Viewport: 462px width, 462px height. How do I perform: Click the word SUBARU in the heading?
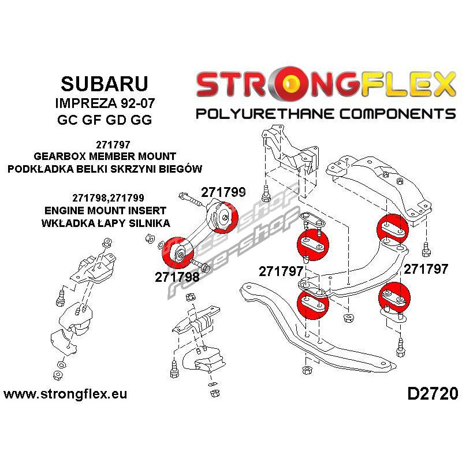(105, 84)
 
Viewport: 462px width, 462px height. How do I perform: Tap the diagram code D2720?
(433, 394)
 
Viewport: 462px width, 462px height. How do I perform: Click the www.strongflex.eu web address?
(65, 394)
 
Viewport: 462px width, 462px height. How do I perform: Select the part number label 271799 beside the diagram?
(223, 192)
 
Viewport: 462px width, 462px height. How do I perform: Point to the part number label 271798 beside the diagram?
(177, 277)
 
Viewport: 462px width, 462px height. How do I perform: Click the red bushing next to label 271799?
(225, 218)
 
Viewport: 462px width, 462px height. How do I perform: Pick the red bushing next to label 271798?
(177, 252)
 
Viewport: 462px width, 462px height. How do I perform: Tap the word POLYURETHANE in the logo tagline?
(264, 114)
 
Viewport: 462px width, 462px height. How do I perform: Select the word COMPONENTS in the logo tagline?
(397, 114)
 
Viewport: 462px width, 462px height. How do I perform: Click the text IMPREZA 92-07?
(105, 103)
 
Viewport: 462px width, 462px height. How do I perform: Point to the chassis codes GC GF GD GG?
(105, 120)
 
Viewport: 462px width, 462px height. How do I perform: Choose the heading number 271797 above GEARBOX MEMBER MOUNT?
(113, 145)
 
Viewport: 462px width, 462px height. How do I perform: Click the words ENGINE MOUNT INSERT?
(105, 210)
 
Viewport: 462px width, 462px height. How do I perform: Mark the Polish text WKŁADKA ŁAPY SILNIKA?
(106, 223)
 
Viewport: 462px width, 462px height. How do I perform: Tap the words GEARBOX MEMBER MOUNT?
(105, 156)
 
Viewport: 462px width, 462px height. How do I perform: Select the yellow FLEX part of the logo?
(407, 84)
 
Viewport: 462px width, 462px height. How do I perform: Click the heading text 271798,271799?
(108, 198)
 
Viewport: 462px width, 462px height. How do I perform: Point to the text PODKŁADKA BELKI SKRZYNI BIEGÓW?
(105, 169)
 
